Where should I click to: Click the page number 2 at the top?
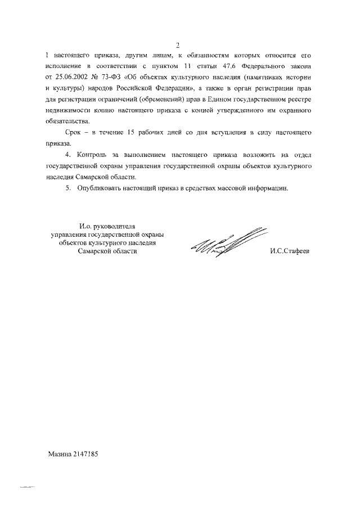pyautogui.click(x=178, y=45)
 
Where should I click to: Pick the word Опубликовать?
pyautogui.click(x=100, y=188)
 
